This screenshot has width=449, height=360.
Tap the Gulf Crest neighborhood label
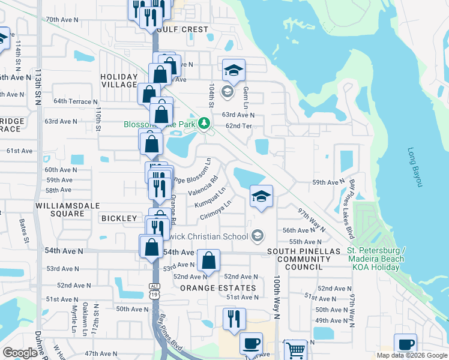(x=182, y=29)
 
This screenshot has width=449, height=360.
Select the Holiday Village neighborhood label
(x=119, y=80)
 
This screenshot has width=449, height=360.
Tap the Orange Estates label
(x=218, y=288)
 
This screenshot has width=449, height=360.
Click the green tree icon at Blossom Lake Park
(x=205, y=124)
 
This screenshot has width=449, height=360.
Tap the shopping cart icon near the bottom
(x=294, y=349)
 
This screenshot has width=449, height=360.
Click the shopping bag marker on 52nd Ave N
(x=209, y=261)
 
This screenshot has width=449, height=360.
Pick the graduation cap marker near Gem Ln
(x=234, y=71)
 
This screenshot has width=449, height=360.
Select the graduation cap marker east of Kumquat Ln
(x=261, y=196)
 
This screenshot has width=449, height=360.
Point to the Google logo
(x=20, y=353)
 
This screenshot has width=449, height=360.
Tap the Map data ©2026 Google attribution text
(x=412, y=355)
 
